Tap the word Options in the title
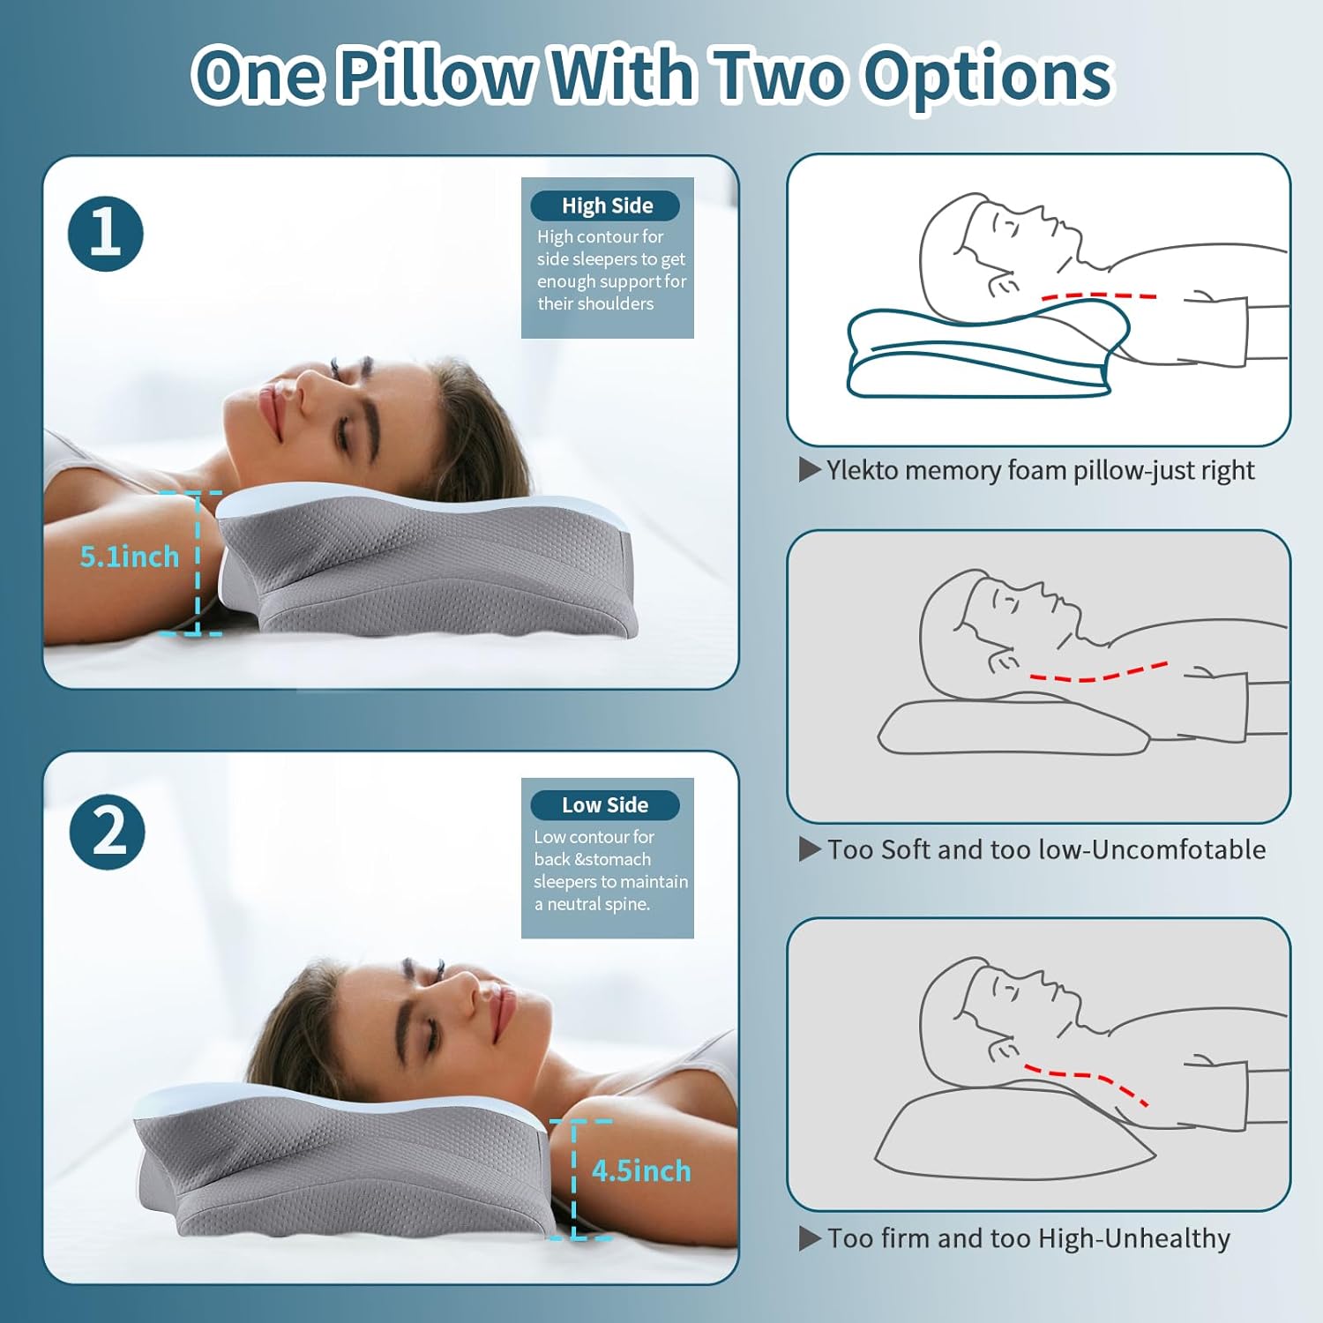click(988, 75)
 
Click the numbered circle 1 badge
click(106, 234)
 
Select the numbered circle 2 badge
click(108, 832)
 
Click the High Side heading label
click(606, 206)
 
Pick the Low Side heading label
click(604, 805)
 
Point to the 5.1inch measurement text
click(129, 557)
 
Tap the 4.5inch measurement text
click(641, 1170)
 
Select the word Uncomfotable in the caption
click(1183, 849)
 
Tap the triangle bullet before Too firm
click(809, 1238)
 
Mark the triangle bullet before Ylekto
click(809, 470)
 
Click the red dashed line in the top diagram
click(1098, 296)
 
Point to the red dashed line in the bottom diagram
click(1085, 1080)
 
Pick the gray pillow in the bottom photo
click(344, 1164)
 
